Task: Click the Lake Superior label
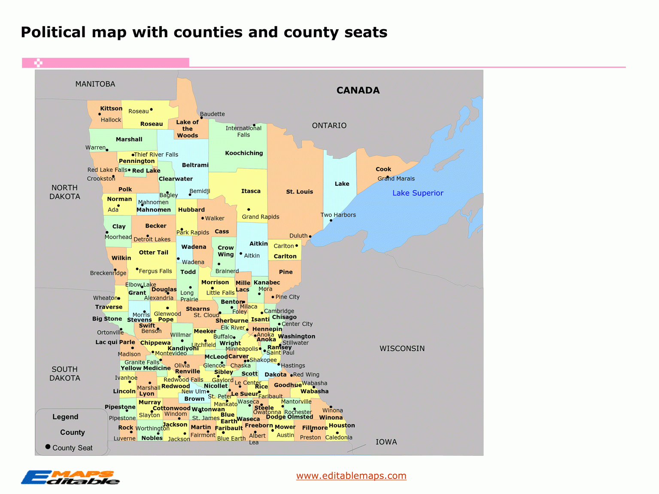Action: click(x=418, y=193)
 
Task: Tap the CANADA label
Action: click(x=358, y=90)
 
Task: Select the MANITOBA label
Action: click(x=95, y=84)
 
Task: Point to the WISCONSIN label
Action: click(x=402, y=349)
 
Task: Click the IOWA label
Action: click(x=386, y=442)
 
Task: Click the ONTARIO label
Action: click(x=329, y=125)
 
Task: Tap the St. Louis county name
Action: click(x=299, y=192)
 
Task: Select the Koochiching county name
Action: click(x=244, y=153)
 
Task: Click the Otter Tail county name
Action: click(x=153, y=252)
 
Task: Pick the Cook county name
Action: click(x=383, y=169)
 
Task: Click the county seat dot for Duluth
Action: click(x=310, y=236)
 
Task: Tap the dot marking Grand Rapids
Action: click(x=249, y=209)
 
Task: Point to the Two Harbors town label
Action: click(x=338, y=215)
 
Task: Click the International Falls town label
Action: click(x=243, y=131)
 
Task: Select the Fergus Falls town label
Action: click(x=155, y=271)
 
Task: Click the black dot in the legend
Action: click(x=48, y=447)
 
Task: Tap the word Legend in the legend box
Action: click(x=65, y=417)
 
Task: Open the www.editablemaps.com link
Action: click(x=351, y=476)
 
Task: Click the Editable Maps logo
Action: click(x=70, y=477)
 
